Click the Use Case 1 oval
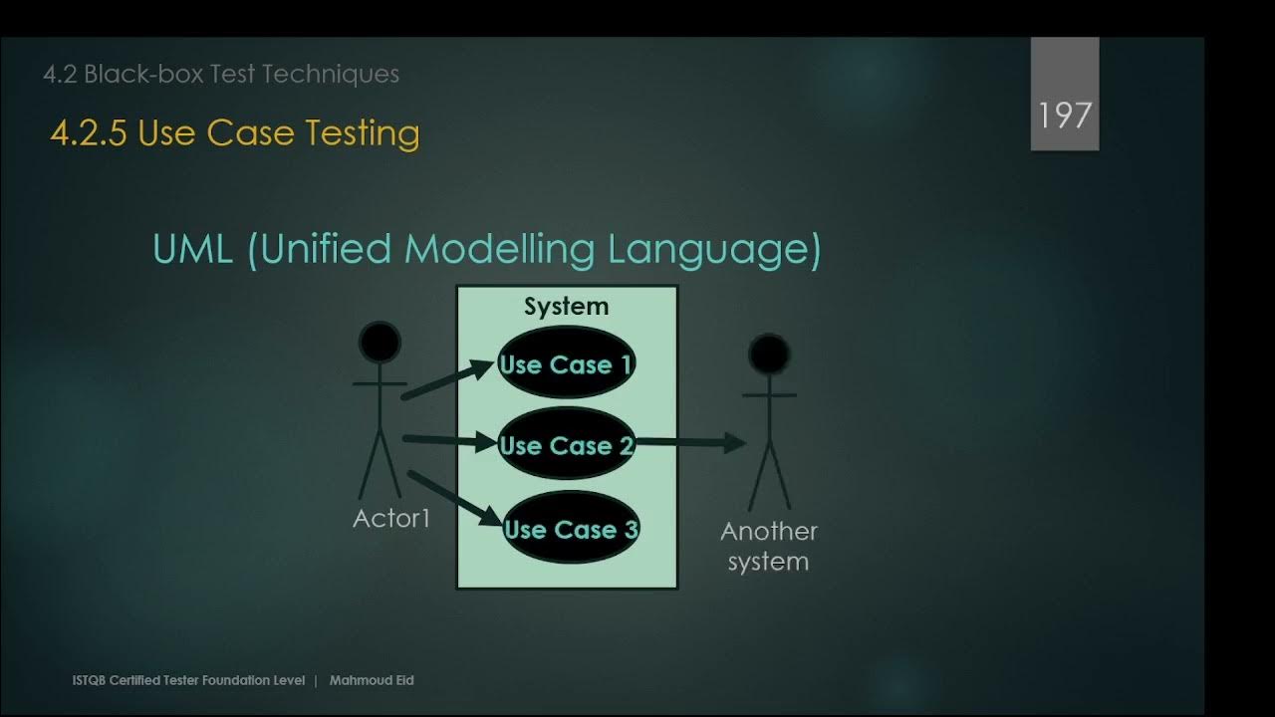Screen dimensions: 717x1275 tap(566, 363)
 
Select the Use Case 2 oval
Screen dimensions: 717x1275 tap(566, 445)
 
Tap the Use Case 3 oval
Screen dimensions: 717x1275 tap(570, 529)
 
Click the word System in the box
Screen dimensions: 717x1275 tap(566, 307)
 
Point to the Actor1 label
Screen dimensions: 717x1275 tap(391, 518)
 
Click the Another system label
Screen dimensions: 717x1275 tap(768, 546)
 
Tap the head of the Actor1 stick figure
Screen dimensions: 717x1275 tap(380, 343)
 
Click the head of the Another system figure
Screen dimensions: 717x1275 tap(769, 354)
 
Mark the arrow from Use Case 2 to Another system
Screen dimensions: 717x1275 tap(690, 442)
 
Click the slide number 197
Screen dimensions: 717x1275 tap(1065, 116)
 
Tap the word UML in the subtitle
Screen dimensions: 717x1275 tap(194, 249)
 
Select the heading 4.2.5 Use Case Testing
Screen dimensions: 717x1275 tap(234, 133)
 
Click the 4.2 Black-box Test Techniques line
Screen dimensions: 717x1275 tap(221, 74)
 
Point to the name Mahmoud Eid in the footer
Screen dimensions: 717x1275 tap(371, 680)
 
